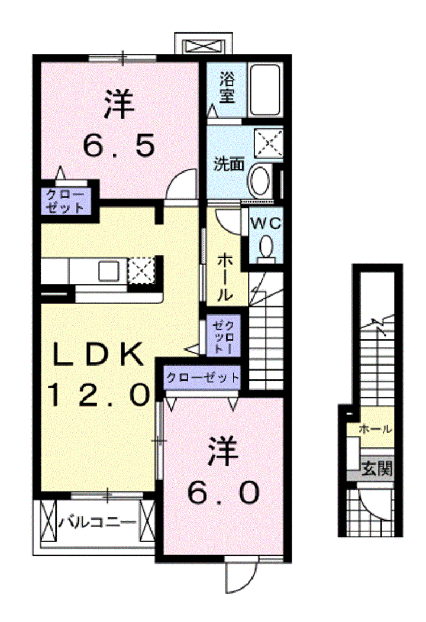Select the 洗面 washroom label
pyautogui.click(x=229, y=164)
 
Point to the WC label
pyautogui.click(x=266, y=223)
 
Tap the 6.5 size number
pyautogui.click(x=118, y=145)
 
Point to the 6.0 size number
pyautogui.click(x=224, y=493)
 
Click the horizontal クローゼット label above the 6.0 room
pyautogui.click(x=202, y=377)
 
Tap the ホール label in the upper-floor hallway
pyautogui.click(x=224, y=277)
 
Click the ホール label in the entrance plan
pyautogui.click(x=375, y=429)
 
